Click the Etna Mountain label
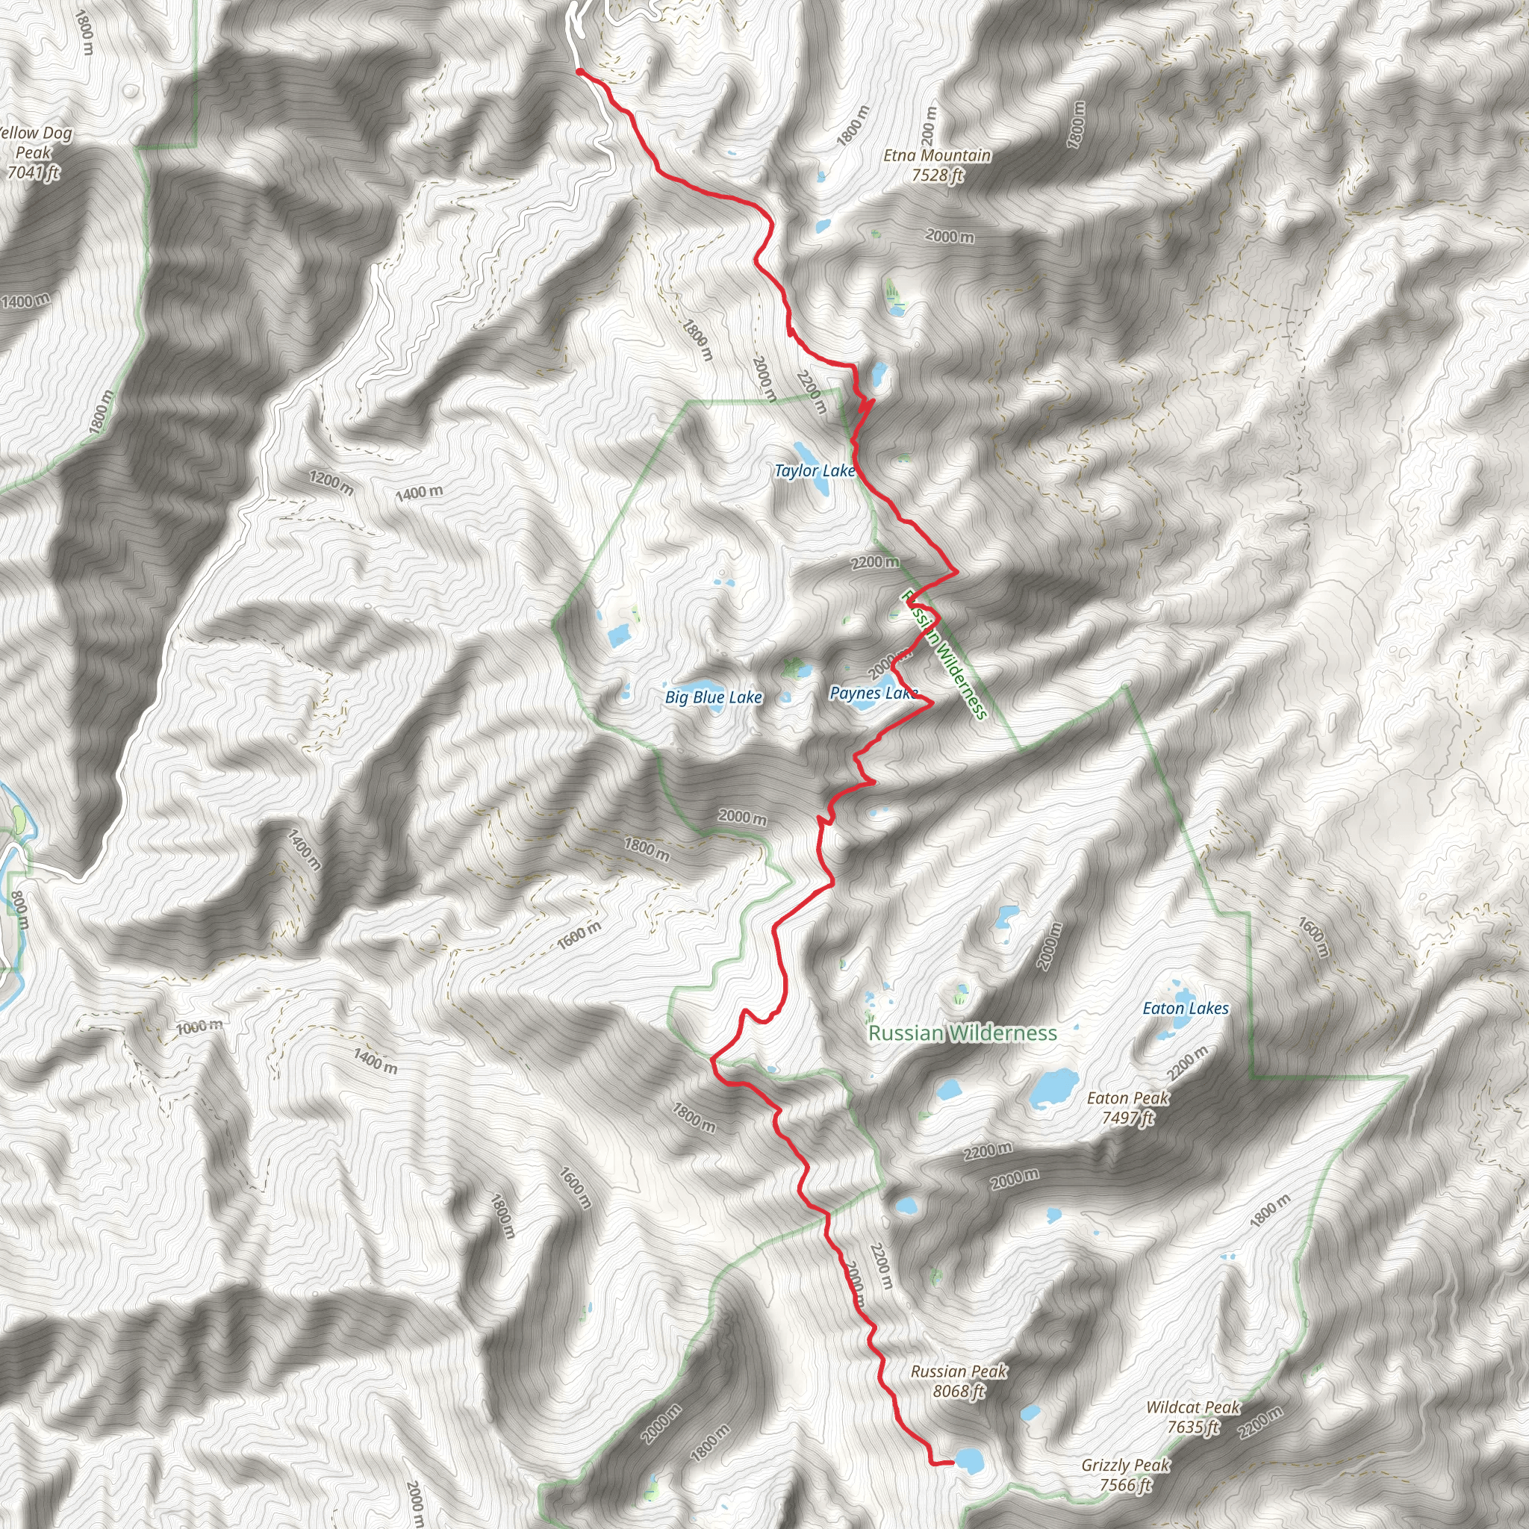pyautogui.click(x=937, y=155)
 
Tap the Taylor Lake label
pyautogui.click(x=815, y=471)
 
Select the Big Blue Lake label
pyautogui.click(x=713, y=697)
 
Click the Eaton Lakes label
pyautogui.click(x=1186, y=1008)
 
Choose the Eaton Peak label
pyautogui.click(x=1128, y=1098)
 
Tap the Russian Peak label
pyautogui.click(x=959, y=1371)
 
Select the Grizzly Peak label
pyautogui.click(x=1125, y=1466)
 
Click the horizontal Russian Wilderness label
pyautogui.click(x=962, y=1033)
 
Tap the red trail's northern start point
pyautogui.click(x=579, y=72)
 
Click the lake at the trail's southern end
pyautogui.click(x=966, y=1460)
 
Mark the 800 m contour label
pyautogui.click(x=19, y=910)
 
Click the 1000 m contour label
pyautogui.click(x=199, y=1027)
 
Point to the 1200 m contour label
pyautogui.click(x=331, y=483)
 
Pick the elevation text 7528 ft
pyautogui.click(x=937, y=174)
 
